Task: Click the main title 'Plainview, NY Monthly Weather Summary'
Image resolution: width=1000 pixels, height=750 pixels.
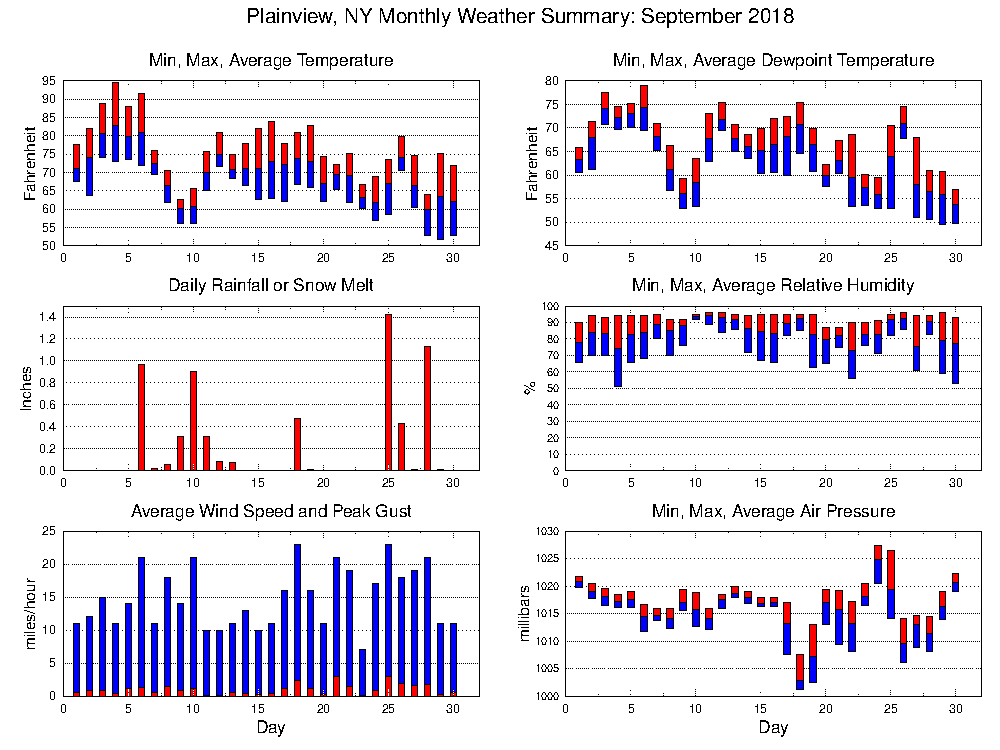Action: tap(519, 17)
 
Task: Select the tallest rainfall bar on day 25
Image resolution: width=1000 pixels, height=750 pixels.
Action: tap(388, 392)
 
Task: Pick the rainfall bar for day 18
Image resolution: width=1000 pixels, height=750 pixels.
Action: tap(297, 444)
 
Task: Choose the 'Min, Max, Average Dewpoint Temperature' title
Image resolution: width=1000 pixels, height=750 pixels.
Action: tap(773, 61)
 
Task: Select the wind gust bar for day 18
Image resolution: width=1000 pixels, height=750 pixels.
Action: tap(297, 615)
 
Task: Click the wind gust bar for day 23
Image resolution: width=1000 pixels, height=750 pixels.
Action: tap(362, 670)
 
